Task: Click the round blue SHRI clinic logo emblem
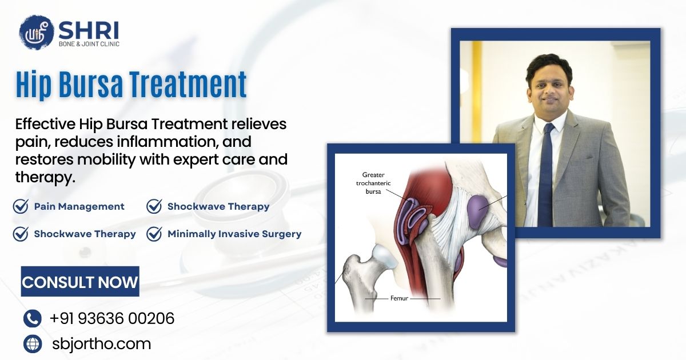click(x=37, y=32)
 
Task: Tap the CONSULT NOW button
click(x=80, y=281)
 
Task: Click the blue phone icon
click(x=32, y=318)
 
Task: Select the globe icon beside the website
click(x=33, y=344)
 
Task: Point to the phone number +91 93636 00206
click(x=112, y=318)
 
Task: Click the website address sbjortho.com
click(x=101, y=344)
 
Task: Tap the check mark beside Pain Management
click(x=21, y=206)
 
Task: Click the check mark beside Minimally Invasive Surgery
click(x=154, y=234)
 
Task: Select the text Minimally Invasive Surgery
click(x=234, y=234)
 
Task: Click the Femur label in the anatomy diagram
click(x=399, y=298)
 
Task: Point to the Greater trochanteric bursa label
click(x=373, y=183)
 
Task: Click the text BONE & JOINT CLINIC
click(x=89, y=44)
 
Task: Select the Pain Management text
click(x=79, y=206)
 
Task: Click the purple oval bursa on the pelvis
click(x=477, y=211)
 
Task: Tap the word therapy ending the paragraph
click(x=45, y=177)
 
